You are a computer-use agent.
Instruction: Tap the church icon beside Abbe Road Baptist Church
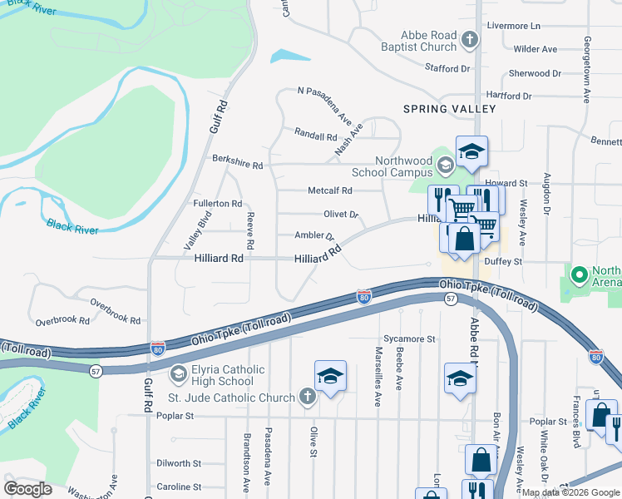click(469, 40)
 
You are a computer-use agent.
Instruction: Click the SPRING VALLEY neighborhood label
click(449, 109)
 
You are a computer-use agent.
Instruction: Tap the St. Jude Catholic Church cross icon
click(307, 397)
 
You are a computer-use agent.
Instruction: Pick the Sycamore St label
click(409, 339)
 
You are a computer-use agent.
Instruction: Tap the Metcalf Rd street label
click(330, 190)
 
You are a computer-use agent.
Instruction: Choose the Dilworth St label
click(179, 463)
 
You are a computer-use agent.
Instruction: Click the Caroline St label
click(179, 487)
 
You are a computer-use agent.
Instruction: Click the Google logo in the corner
click(27, 489)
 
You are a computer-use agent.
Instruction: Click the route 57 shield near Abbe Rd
click(450, 298)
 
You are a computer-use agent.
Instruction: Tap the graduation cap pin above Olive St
click(330, 376)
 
